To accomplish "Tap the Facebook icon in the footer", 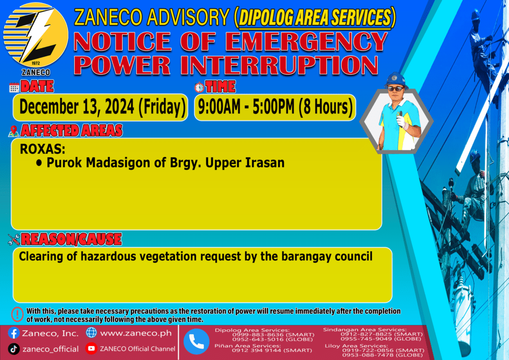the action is coord(13,333).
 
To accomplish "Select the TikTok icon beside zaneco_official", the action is coord(13,349).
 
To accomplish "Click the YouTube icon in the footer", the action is coord(91,348).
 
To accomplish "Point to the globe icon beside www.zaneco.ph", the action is coord(91,333).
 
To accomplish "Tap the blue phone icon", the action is coord(196,342).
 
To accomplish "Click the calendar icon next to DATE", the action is coord(14,88).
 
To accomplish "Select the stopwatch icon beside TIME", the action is coord(199,88).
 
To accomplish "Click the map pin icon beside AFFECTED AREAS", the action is coord(13,131).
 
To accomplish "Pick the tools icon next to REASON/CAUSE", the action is coord(13,240).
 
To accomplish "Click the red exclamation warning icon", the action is coord(17,314).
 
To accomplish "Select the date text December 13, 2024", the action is coord(77,107).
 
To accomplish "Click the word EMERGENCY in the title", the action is coord(306,42).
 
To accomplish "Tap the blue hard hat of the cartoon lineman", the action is coord(395,80).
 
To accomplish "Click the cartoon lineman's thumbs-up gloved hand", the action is coord(401,120).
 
